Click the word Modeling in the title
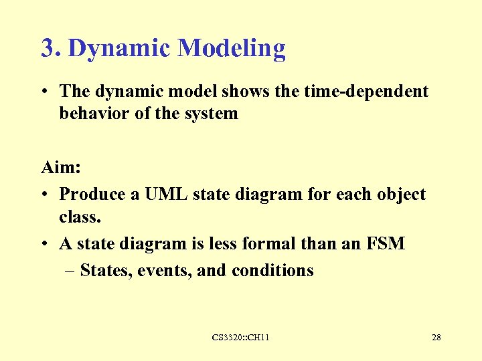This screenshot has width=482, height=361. coord(232,49)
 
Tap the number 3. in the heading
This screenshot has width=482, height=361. coord(52,49)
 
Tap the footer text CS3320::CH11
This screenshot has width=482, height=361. coord(240,338)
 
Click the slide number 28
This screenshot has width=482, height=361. coord(436,338)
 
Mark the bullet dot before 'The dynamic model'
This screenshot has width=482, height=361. coord(45,92)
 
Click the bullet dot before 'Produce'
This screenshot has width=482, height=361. coord(45,195)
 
